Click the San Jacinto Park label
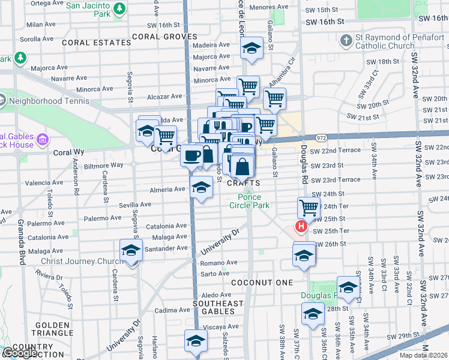[x=91, y=7]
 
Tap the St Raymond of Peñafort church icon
[x=345, y=41]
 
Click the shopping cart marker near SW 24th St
[x=309, y=208]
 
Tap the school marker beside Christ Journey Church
[x=130, y=251]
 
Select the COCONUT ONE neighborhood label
[x=263, y=283]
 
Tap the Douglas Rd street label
[x=304, y=155]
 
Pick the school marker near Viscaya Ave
[x=195, y=341]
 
